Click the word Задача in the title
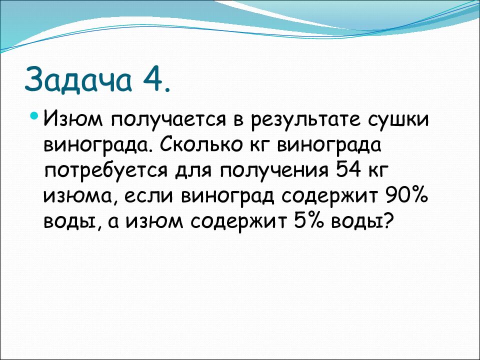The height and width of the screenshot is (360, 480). [x=78, y=79]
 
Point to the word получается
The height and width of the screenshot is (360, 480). [x=170, y=120]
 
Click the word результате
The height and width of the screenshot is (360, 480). [x=306, y=120]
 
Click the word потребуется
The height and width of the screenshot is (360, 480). [x=106, y=171]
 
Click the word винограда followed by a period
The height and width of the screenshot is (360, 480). [x=98, y=145]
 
